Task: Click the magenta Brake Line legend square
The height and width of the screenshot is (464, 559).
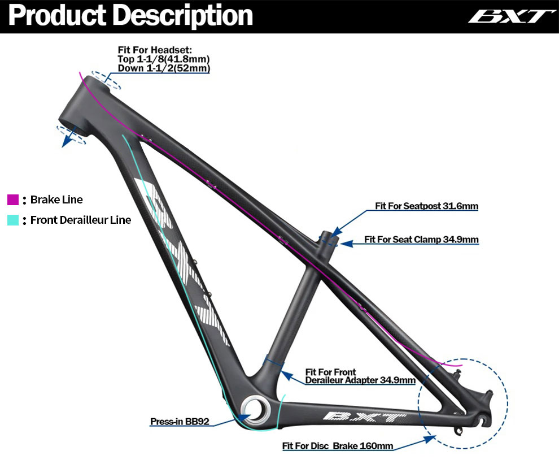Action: (13, 200)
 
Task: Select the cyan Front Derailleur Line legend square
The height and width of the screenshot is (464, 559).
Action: (13, 220)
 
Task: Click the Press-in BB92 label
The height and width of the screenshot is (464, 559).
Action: (180, 422)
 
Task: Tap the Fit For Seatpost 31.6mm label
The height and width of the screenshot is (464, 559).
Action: (426, 206)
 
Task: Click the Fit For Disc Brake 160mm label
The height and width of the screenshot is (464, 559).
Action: (338, 446)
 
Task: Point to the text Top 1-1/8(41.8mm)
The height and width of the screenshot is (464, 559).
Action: (163, 59)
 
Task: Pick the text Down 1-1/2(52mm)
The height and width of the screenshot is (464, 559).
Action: (163, 68)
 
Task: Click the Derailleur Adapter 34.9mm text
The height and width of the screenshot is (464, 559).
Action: (360, 380)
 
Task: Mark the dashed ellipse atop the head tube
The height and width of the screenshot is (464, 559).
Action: (106, 80)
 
